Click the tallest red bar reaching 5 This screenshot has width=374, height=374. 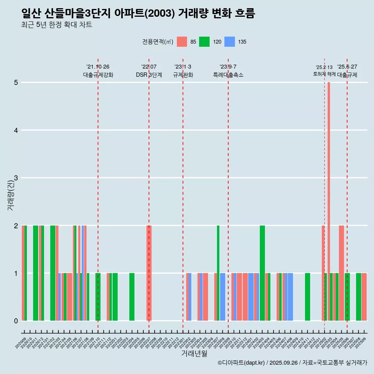329,201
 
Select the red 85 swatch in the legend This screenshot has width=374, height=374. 182,42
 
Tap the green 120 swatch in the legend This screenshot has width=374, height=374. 204,42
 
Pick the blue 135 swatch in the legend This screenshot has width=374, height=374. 230,42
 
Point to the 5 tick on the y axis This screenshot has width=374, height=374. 16,83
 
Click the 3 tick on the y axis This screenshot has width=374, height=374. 16,178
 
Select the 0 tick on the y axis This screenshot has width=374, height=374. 16,321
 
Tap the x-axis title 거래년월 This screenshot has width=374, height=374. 194,353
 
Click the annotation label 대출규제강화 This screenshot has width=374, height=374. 98,75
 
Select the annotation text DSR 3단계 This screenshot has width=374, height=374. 149,75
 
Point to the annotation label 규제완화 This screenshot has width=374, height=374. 183,75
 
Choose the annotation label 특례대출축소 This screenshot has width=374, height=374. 228,75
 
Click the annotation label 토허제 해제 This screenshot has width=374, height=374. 324,74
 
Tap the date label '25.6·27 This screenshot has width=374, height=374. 347,67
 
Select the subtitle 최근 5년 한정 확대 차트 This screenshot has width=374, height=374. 57,25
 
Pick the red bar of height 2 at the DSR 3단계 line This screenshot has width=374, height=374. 149,273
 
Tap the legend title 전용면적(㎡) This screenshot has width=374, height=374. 158,42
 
